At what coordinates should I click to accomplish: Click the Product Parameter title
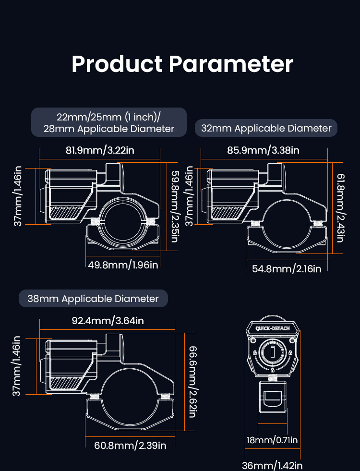182,64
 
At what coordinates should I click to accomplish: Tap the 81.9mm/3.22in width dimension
100,150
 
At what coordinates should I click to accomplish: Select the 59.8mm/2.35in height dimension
175,206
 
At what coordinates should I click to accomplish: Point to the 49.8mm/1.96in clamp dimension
123,265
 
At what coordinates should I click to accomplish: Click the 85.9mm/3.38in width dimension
263,150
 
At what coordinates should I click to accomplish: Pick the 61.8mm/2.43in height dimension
341,208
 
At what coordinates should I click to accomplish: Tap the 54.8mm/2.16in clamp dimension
287,268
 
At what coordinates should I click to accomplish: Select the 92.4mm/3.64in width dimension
108,321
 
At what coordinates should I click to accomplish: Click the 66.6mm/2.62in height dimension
193,382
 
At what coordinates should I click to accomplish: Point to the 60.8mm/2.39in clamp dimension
130,445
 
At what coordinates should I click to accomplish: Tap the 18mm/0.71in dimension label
272,440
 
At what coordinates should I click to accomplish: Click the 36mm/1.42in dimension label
272,465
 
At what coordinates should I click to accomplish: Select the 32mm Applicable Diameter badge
266,128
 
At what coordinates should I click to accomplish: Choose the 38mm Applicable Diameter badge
93,299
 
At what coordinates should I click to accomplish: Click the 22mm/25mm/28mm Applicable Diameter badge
108,122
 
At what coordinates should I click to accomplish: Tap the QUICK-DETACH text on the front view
273,328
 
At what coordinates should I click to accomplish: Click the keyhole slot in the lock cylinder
273,352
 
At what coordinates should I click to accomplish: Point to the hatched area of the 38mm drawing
65,383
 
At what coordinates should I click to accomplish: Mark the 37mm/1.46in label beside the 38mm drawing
16,366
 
